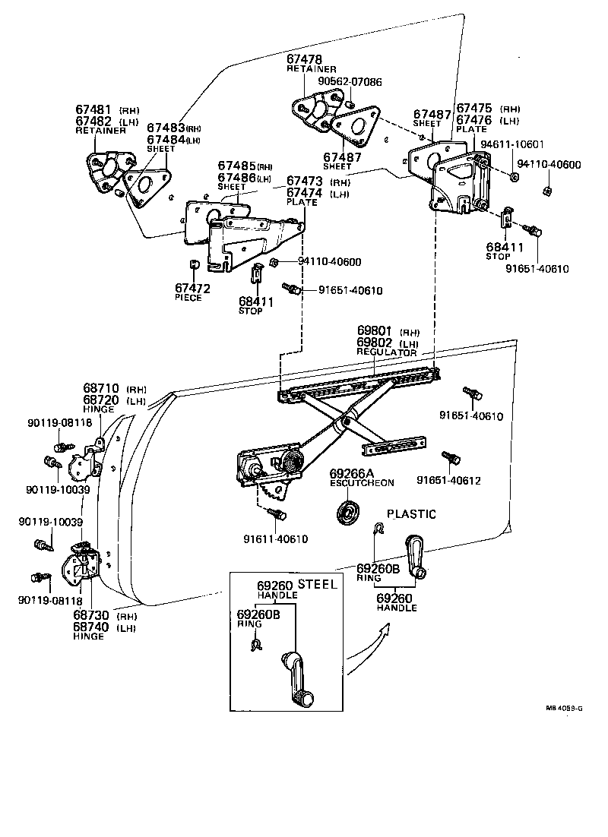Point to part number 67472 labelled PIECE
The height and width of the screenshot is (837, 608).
(x=192, y=288)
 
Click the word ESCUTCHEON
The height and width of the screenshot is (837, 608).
(x=362, y=482)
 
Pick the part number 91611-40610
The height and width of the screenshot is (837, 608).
(x=276, y=539)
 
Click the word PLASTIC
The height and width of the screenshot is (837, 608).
(x=411, y=514)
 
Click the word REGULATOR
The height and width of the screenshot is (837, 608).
(x=387, y=352)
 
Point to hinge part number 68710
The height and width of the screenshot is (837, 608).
(x=101, y=388)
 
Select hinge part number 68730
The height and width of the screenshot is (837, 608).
(x=92, y=616)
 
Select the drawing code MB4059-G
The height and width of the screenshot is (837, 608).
(x=563, y=708)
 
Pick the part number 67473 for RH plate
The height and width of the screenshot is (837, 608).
(x=304, y=182)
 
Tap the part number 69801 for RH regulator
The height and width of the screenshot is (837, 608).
(x=375, y=332)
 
